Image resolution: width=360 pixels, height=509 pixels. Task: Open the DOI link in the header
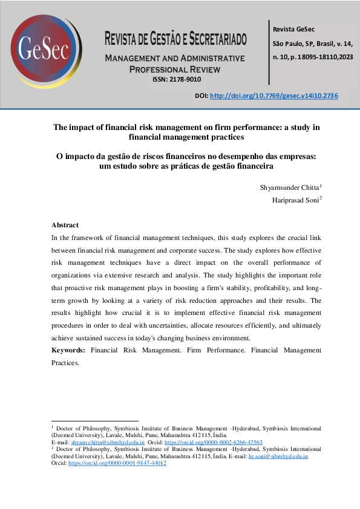pos(273,96)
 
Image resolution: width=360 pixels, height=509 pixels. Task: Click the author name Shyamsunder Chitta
pos(289,187)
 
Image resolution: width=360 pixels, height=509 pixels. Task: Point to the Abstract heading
pos(65,225)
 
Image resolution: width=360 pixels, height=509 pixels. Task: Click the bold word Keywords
pos(67,350)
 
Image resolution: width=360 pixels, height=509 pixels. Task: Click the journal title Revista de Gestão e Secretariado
pos(176,41)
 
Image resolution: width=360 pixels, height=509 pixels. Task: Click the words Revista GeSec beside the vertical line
pos(293,29)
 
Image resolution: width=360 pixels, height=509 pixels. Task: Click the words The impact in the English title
pos(76,128)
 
